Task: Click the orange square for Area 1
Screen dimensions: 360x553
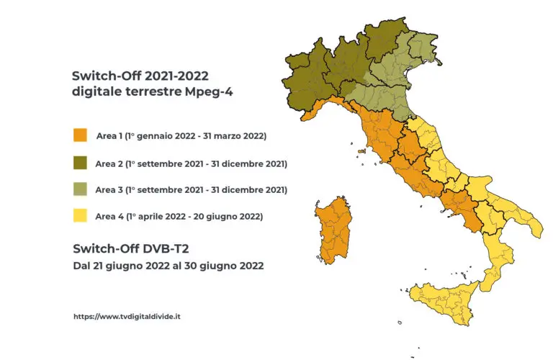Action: click(x=80, y=136)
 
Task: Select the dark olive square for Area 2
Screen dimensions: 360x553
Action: click(x=80, y=163)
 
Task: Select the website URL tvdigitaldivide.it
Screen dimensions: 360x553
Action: click(x=127, y=316)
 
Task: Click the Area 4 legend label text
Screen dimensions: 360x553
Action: click(x=179, y=216)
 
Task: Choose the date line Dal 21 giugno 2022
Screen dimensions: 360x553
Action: click(x=168, y=266)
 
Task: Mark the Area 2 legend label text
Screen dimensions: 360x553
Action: click(x=191, y=163)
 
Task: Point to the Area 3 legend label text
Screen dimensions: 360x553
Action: click(x=191, y=190)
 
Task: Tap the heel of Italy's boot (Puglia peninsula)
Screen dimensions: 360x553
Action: click(x=529, y=227)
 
